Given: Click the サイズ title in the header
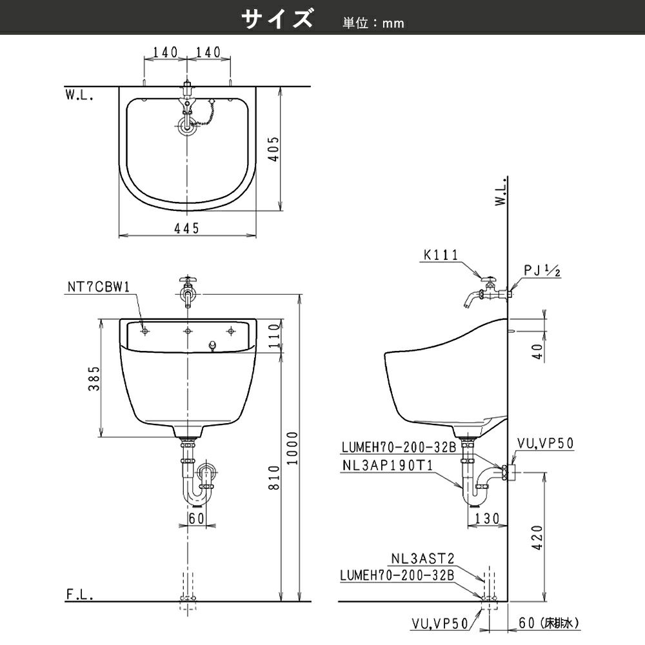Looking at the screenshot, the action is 277,19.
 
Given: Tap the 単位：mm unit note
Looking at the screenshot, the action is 373,23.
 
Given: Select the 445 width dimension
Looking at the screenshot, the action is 187,228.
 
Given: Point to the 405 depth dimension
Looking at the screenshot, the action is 274,149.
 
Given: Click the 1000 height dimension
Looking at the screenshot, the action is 292,448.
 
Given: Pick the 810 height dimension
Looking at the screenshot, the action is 274,477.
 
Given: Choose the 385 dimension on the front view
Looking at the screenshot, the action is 94,379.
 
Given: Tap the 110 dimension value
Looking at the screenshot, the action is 274,335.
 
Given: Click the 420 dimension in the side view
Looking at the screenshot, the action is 537,537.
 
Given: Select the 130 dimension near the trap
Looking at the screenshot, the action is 488,519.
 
